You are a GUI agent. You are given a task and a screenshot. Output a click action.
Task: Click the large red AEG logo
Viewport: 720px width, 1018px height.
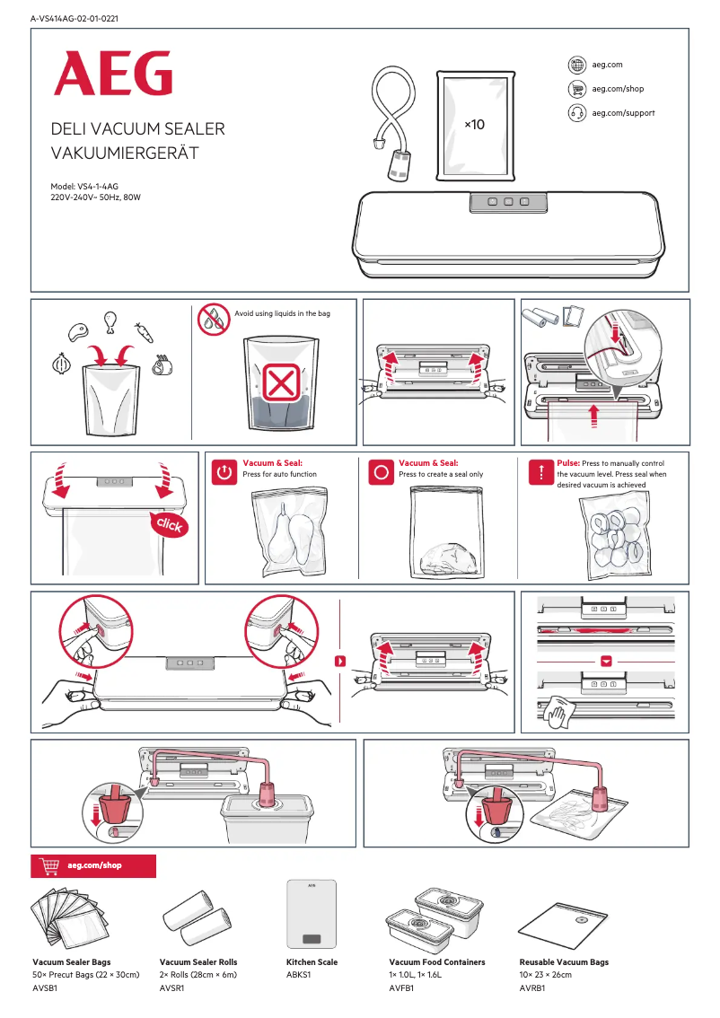(112, 74)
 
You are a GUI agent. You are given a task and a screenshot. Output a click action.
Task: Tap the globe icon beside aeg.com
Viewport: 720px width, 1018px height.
(577, 65)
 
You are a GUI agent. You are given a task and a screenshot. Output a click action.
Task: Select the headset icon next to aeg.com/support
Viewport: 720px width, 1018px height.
(577, 113)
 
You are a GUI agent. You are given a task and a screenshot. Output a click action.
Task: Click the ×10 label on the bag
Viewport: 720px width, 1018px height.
(473, 124)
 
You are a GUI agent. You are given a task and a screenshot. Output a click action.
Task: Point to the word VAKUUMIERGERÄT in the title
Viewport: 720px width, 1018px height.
(125, 154)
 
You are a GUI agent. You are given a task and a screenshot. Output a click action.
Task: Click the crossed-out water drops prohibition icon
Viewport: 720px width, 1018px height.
(215, 319)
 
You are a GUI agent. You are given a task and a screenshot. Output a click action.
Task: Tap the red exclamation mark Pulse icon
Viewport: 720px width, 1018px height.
(540, 471)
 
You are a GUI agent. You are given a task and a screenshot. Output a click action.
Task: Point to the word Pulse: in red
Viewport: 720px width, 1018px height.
(568, 463)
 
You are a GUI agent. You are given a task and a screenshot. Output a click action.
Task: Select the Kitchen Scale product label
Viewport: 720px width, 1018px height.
(312, 962)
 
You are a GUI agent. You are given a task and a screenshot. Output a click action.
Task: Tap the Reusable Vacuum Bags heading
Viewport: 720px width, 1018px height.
(564, 962)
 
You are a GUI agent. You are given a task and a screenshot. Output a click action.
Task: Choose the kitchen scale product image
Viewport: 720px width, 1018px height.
(312, 915)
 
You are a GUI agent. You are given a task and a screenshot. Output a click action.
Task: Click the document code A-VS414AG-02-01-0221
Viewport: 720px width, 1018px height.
(75, 18)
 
